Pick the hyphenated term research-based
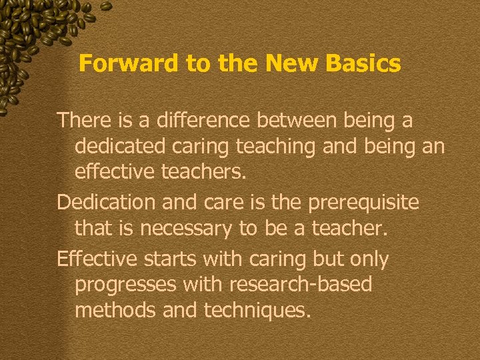click(301, 285)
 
